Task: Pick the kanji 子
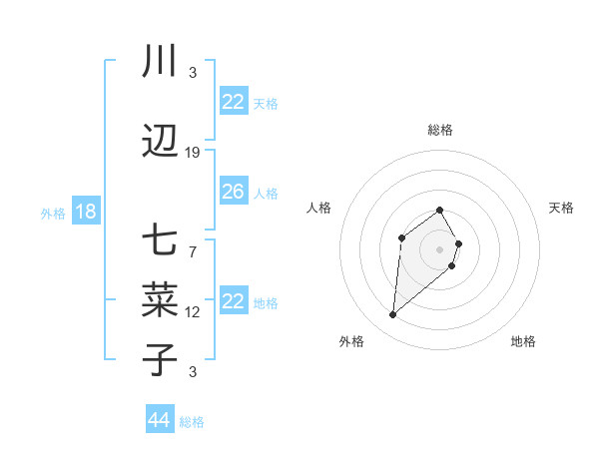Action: pos(160,360)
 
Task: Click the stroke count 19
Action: pos(193,153)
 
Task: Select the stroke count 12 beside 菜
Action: pos(193,312)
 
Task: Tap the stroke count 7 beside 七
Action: pos(193,251)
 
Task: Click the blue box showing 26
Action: pos(233,192)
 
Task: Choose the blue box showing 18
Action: pos(85,212)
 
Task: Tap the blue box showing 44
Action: pos(159,420)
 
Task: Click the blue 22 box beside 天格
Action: pos(233,102)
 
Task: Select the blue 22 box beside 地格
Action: pos(233,301)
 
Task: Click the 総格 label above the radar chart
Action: pos(440,130)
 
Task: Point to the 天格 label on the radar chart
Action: pos(561,208)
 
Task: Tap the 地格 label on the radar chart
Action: pos(523,341)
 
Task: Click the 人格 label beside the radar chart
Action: pos(319,208)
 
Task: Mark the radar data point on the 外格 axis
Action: pos(393,315)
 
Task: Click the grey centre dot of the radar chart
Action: pos(440,248)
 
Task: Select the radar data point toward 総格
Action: pos(440,210)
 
